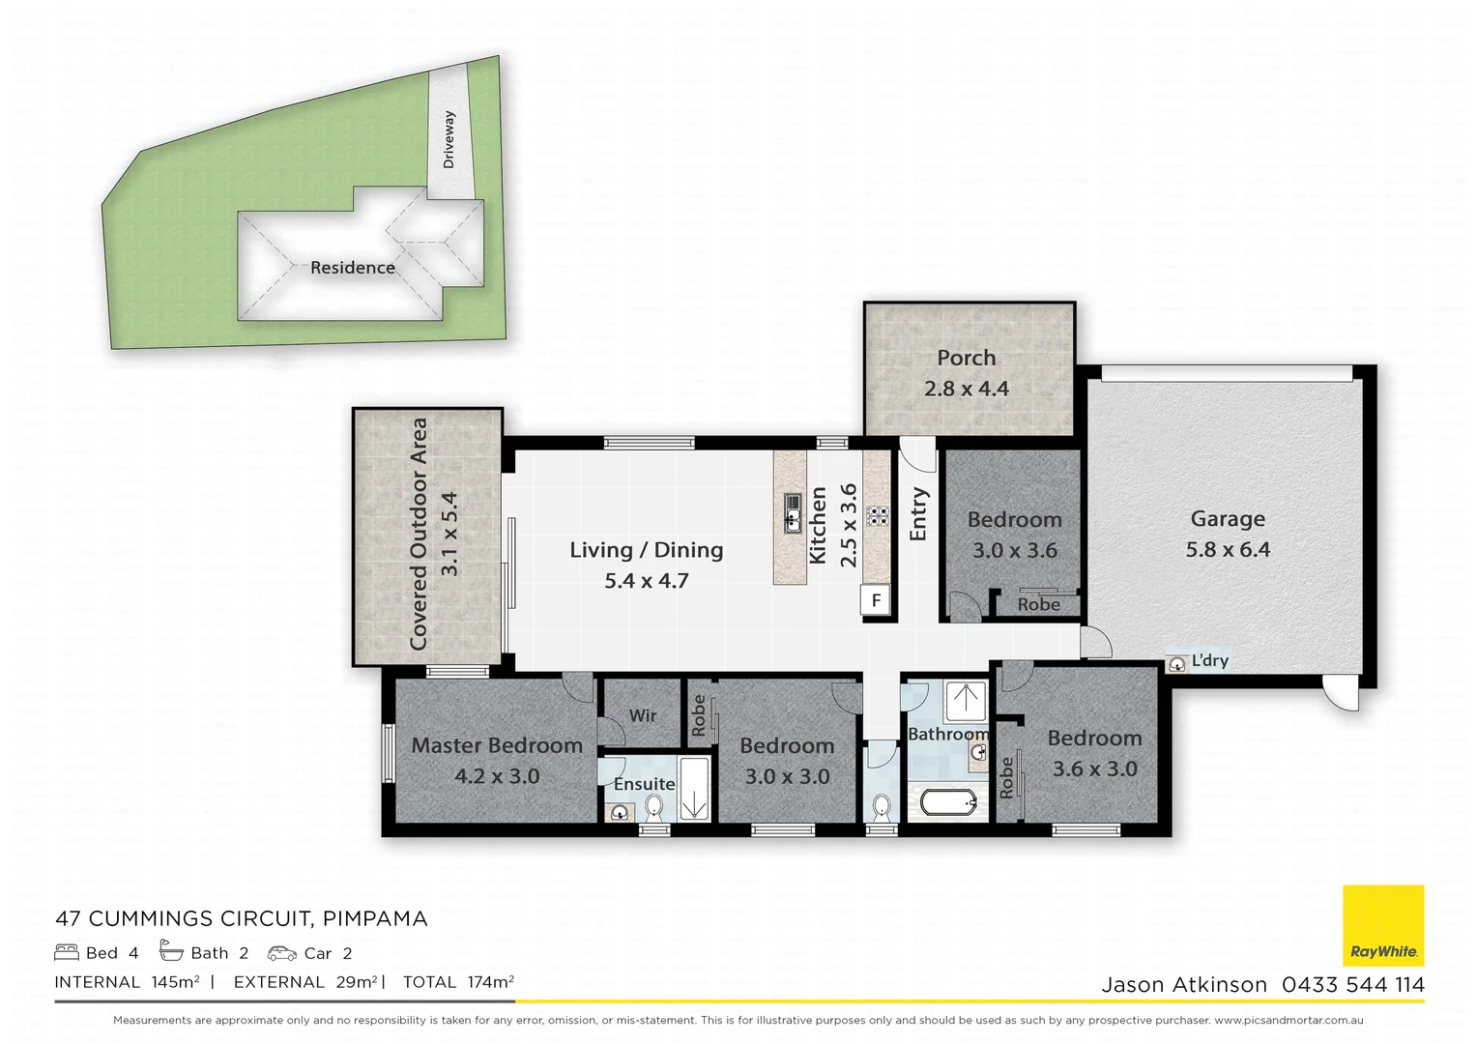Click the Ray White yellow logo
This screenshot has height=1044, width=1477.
1383,925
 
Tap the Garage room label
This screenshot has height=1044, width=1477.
1227,519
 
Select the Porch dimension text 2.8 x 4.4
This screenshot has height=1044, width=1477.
966,389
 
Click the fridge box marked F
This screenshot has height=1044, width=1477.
876,600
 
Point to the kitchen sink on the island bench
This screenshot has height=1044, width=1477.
792,512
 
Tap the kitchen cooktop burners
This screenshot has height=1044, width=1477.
877,515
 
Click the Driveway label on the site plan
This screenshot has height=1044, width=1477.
449,139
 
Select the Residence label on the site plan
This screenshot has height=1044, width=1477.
352,268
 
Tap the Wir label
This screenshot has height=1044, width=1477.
642,715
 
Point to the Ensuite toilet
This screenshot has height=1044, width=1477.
654,806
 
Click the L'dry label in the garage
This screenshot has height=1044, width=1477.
1208,661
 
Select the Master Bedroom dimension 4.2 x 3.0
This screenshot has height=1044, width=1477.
497,776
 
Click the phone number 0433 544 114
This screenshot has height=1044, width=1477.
1352,985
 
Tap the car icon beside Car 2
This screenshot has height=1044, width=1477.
282,953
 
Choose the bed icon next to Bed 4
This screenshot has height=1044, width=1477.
67,953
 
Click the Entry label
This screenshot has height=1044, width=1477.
917,514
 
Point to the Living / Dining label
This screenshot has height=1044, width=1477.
646,550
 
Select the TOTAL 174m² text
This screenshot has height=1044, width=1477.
458,982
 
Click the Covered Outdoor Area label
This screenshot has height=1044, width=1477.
419,534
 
